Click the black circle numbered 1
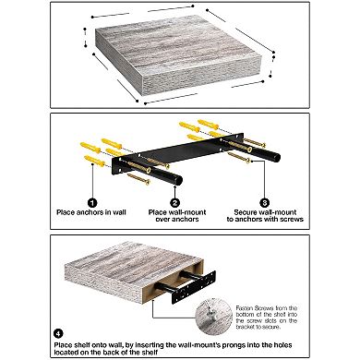pos(91,201)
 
